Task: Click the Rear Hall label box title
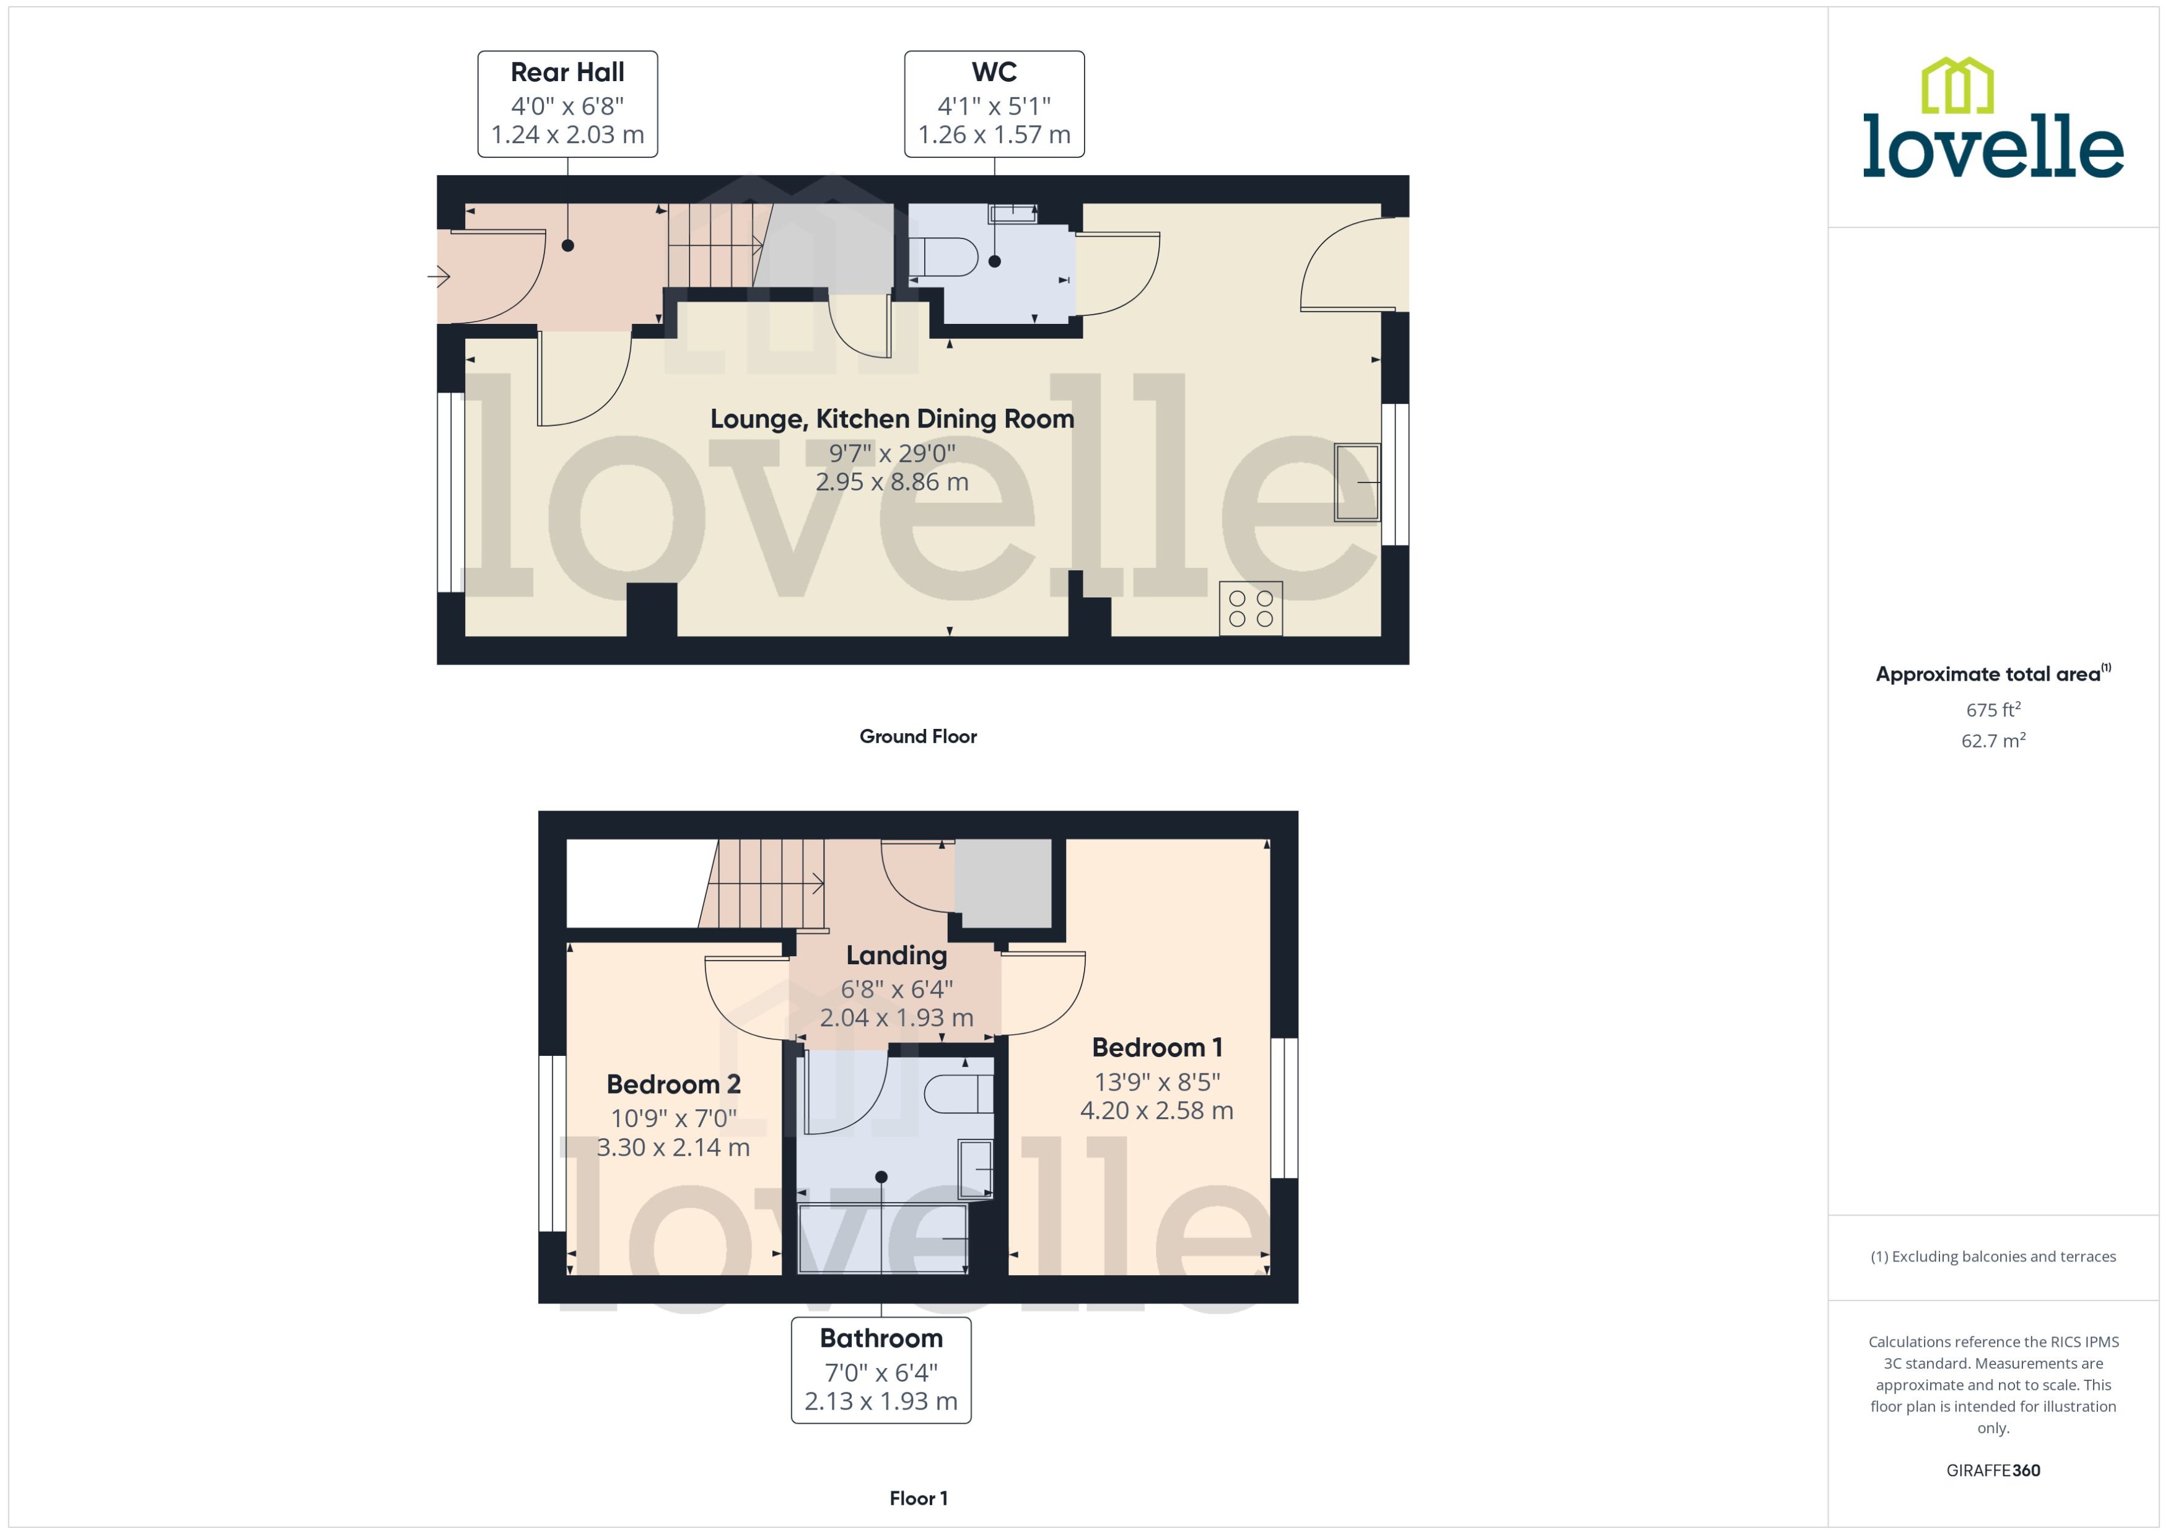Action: coord(567,72)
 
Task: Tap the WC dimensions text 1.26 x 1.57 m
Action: coord(994,135)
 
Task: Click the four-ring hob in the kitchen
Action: coord(1250,608)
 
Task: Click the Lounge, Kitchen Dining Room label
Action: coord(892,419)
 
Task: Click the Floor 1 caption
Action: coord(917,1498)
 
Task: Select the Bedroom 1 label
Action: coord(1156,1047)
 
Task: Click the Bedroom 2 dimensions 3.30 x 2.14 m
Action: coord(673,1148)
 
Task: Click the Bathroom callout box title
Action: coord(880,1338)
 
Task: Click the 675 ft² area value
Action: coord(1992,709)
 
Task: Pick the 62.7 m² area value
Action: coord(1992,741)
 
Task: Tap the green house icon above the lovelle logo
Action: coord(1957,86)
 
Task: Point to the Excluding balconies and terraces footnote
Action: coord(1992,1257)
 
